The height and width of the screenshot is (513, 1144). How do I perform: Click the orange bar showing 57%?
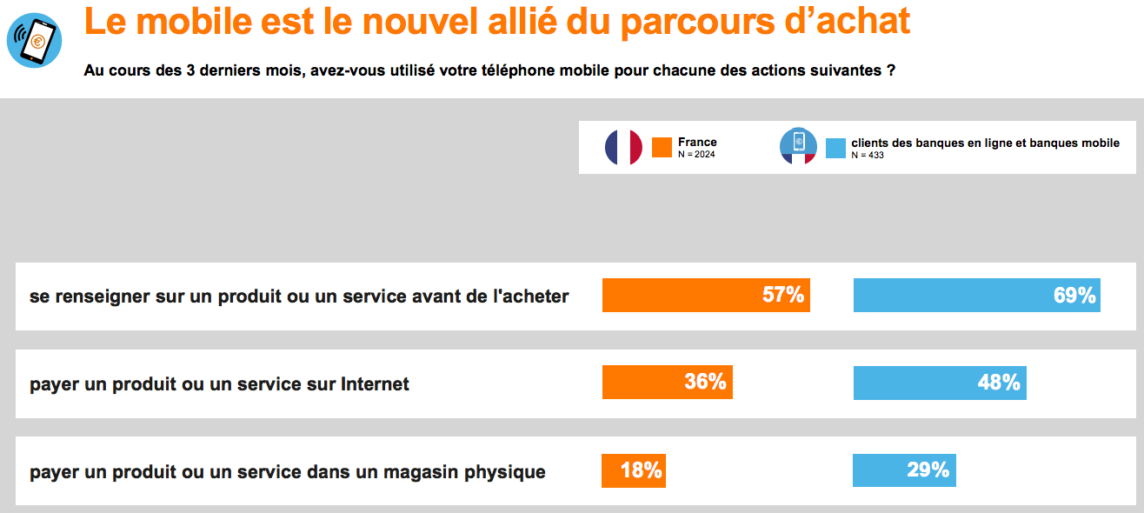point(706,295)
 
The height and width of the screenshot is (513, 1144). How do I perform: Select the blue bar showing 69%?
point(977,295)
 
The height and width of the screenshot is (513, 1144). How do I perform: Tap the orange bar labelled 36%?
point(667,382)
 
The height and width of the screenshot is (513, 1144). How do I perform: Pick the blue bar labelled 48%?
point(940,383)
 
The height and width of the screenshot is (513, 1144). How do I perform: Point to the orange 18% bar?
point(634,470)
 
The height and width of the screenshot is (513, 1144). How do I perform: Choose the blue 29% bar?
point(904,470)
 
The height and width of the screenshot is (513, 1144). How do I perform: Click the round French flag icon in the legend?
point(623,147)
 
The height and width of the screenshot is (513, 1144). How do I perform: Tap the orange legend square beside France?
point(662,147)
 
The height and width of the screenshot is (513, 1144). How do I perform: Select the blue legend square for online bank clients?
point(835,148)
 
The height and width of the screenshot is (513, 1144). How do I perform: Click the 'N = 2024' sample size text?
point(696,155)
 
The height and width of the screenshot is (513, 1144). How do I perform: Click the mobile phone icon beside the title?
point(34,40)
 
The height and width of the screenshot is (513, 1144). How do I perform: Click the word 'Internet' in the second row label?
point(376,383)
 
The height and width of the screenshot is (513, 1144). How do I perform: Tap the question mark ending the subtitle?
point(891,70)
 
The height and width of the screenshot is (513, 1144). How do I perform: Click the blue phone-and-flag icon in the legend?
point(798,147)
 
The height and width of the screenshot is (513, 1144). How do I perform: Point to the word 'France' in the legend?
point(697,142)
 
